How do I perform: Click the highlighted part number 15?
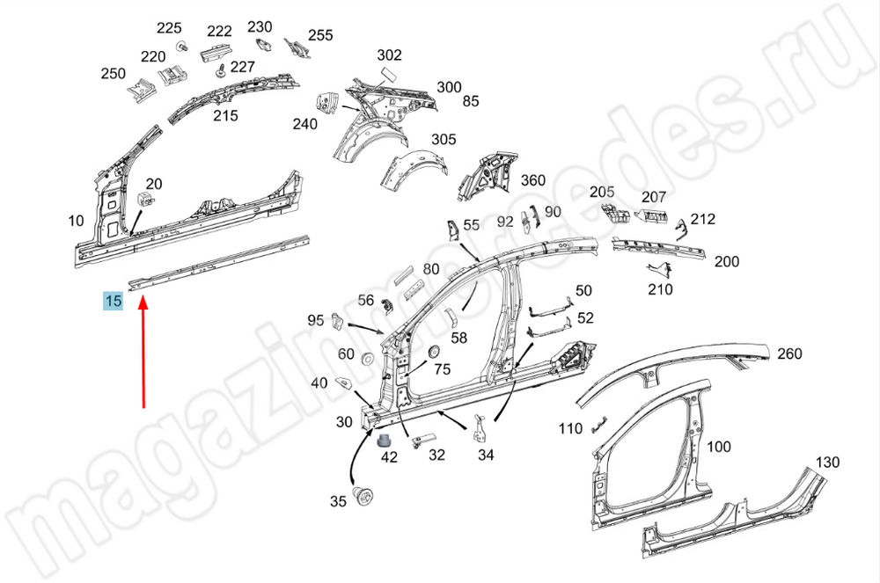tap(113, 302)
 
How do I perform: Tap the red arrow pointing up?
tap(143, 352)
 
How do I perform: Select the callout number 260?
tap(789, 353)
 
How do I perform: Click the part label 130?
tap(827, 463)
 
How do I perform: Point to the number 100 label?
tap(719, 447)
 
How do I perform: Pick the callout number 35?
tap(338, 502)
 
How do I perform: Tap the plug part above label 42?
tap(385, 439)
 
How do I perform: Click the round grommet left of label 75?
tap(432, 352)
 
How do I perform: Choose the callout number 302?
tap(389, 55)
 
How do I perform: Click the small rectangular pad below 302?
tap(388, 77)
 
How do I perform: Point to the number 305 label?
tap(444, 139)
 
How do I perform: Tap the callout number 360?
tap(533, 180)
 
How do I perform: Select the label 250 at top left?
tap(113, 74)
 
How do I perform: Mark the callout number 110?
tap(570, 429)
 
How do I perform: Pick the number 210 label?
tap(660, 289)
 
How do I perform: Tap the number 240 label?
tap(304, 124)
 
